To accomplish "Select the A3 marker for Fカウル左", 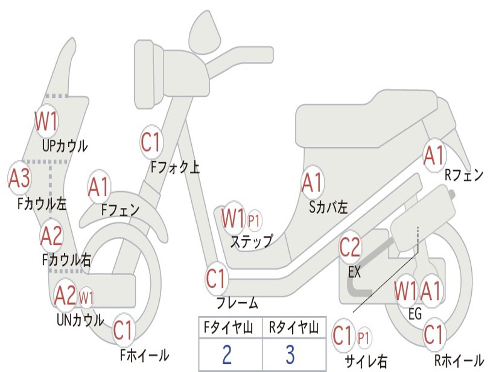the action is (20, 178).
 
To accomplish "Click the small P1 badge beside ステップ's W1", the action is (254, 221).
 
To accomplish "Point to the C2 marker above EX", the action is (350, 248).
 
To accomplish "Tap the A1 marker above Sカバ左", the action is (312, 183).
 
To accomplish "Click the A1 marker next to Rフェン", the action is (434, 155).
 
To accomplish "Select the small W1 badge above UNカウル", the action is (86, 296).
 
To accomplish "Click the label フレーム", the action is (237, 304).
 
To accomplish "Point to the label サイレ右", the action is (366, 361).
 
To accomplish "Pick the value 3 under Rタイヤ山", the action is (290, 355).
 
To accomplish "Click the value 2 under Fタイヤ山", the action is (226, 355).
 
